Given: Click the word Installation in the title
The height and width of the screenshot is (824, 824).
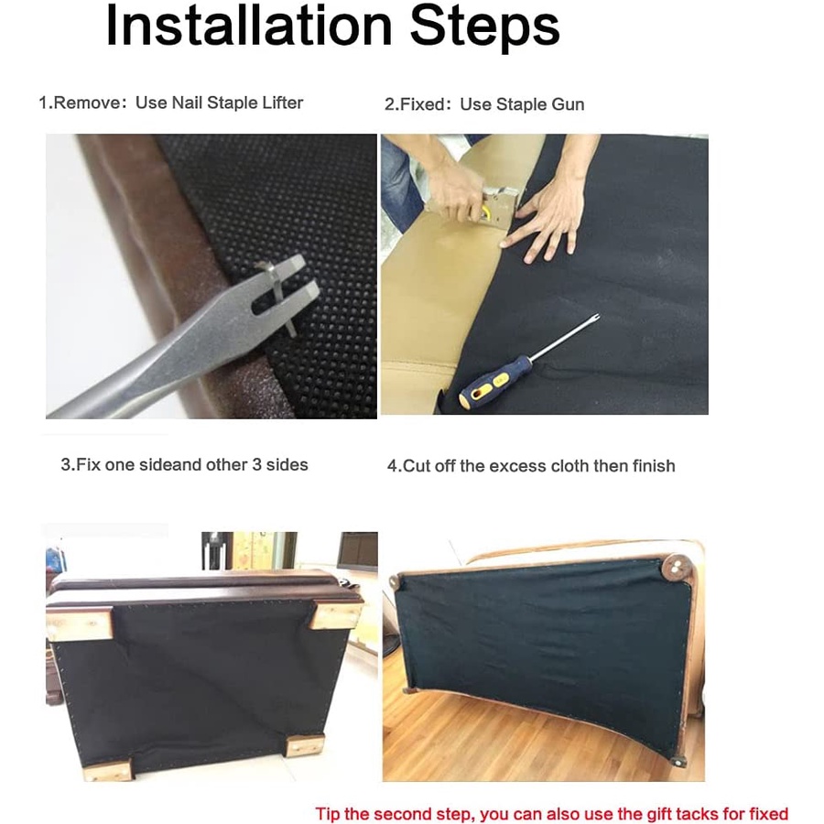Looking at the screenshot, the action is (x=248, y=26).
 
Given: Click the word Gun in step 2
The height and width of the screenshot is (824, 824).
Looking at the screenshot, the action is (x=568, y=104).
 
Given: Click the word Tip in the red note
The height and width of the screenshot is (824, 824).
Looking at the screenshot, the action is (x=328, y=814).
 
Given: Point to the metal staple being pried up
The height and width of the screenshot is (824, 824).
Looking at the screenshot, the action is (x=279, y=297).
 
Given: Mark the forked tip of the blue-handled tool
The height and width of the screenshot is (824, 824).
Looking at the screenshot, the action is (x=593, y=319).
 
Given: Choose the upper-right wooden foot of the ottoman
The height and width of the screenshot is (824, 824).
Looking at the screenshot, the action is (x=336, y=615).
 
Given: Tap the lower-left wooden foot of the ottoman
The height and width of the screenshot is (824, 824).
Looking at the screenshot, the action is (x=108, y=769).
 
